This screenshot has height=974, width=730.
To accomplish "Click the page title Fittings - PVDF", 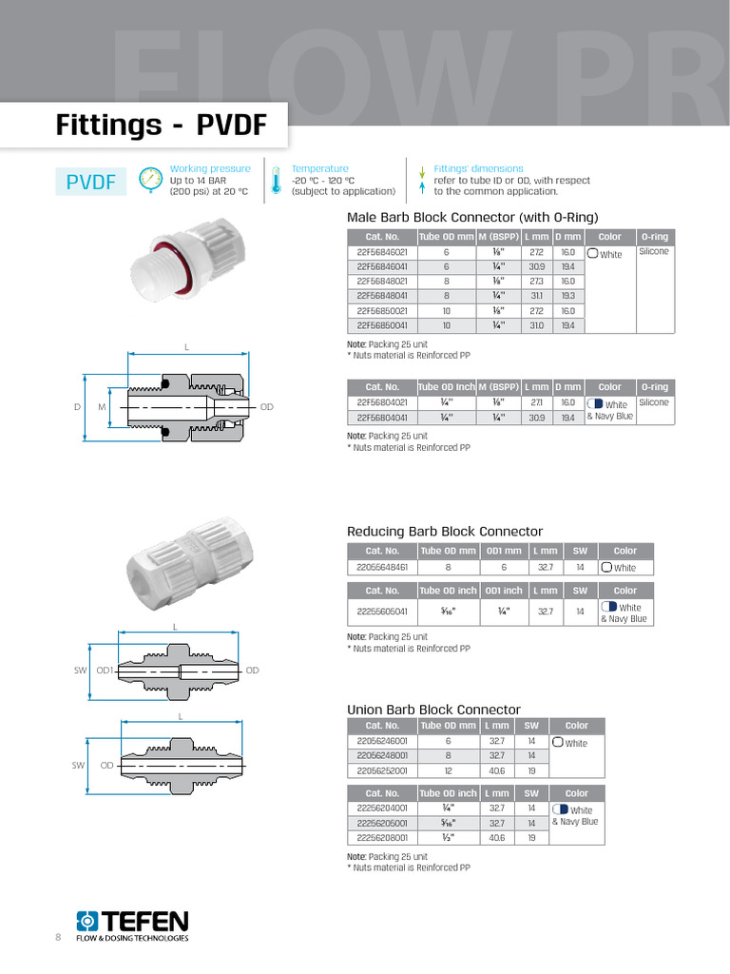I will point(160,126).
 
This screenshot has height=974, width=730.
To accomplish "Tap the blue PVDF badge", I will point(96,181).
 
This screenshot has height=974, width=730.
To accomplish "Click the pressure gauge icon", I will point(150,180).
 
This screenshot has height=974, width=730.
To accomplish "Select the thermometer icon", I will point(276,180).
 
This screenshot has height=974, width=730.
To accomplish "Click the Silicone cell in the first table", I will point(654,252).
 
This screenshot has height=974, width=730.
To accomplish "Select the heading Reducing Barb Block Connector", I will point(445,531).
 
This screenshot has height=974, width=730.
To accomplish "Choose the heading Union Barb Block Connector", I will point(433,710).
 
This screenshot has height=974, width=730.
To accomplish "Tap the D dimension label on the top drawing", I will point(77,407).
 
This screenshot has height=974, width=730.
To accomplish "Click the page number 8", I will point(58,938).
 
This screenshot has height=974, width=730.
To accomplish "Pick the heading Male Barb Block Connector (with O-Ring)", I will point(472,216).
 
